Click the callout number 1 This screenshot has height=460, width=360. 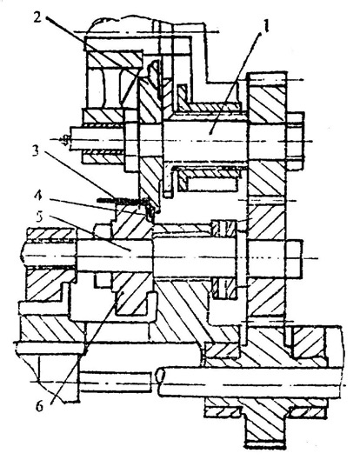(x=265, y=27)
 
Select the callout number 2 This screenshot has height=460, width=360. (x=37, y=17)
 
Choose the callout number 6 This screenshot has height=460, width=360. (x=40, y=407)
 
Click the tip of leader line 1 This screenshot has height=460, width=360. (x=210, y=134)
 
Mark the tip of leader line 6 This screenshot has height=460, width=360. (x=123, y=293)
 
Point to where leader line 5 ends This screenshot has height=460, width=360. (x=130, y=250)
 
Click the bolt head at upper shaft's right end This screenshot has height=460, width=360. (x=295, y=141)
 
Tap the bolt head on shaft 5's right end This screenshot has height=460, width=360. (x=293, y=259)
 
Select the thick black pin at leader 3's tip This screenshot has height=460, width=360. (x=123, y=200)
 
